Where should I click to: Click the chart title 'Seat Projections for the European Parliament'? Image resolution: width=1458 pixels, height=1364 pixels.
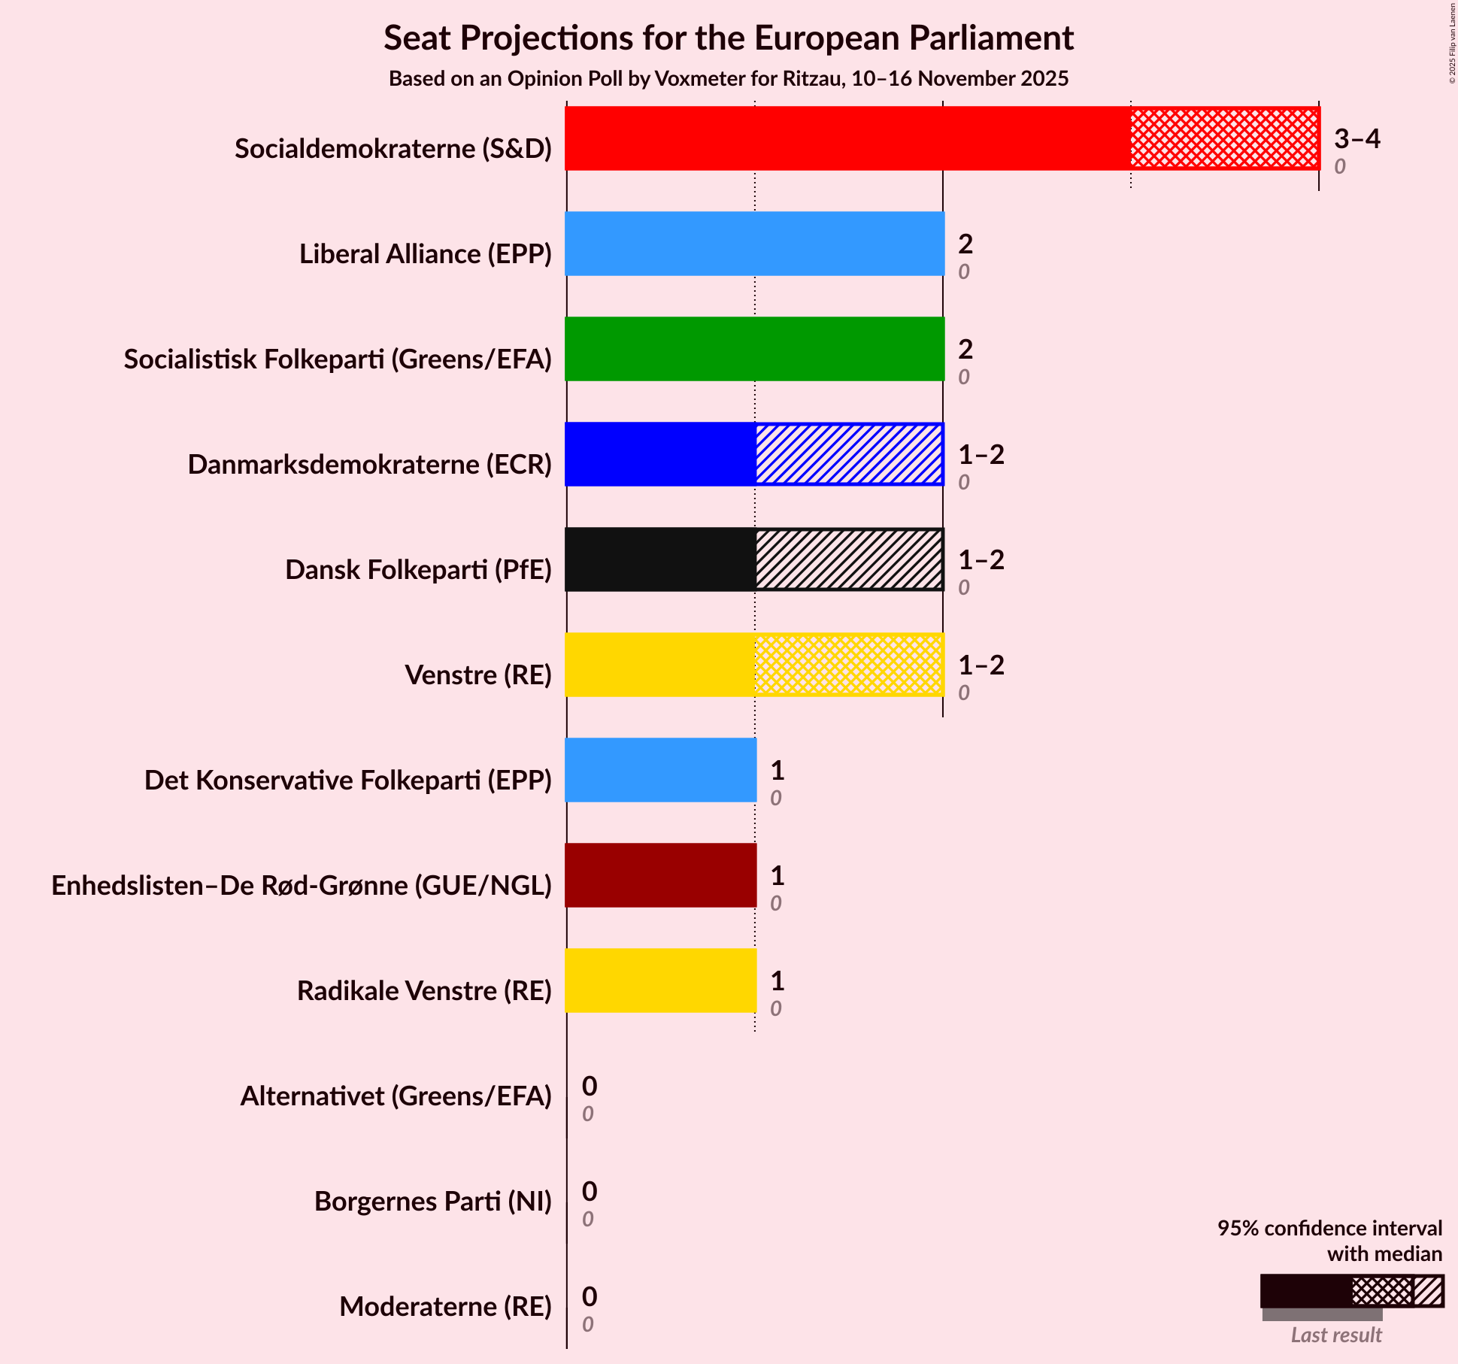(x=728, y=38)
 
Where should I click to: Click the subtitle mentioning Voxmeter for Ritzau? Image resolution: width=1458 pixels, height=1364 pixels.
(x=728, y=79)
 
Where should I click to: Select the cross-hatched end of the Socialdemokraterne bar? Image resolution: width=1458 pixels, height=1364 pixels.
(x=1224, y=138)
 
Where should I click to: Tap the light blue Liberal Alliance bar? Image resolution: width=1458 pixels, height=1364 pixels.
(x=754, y=244)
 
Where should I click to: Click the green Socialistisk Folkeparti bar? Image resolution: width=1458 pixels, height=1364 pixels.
(x=754, y=349)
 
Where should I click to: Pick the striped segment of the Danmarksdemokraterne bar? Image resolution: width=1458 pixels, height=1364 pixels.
(x=849, y=454)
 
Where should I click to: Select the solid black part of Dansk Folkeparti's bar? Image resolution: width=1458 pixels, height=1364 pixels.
(x=660, y=559)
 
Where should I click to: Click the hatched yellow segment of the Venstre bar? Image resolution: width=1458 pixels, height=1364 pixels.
(x=849, y=665)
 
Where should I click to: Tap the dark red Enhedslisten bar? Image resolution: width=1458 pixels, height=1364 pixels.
(x=660, y=875)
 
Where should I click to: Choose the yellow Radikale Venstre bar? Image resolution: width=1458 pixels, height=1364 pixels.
(x=660, y=981)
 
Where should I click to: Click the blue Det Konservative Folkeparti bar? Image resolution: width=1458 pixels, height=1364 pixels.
(x=660, y=770)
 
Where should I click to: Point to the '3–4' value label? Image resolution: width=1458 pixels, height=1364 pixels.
(x=1357, y=139)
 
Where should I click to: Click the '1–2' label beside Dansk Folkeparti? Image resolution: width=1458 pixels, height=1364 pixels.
(x=981, y=560)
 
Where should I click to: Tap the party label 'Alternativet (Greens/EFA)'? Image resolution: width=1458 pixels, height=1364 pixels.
(x=396, y=1096)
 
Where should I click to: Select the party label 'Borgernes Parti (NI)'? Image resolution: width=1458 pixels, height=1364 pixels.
(x=432, y=1202)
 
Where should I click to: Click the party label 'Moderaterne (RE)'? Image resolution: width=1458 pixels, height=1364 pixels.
(x=445, y=1307)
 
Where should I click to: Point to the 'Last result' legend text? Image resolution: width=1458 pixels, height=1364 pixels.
(x=1336, y=1335)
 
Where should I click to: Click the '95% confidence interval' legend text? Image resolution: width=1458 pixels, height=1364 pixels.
(x=1329, y=1229)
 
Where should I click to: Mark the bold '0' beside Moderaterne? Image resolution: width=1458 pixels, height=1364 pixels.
(x=590, y=1297)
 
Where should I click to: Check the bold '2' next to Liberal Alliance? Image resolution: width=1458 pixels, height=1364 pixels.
(x=965, y=244)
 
